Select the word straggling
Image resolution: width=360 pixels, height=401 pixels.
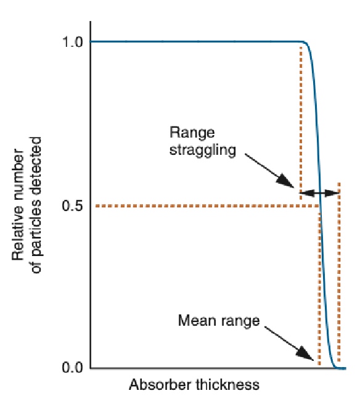[x=203, y=150]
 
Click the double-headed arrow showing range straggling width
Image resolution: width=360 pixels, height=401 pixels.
[x=320, y=193]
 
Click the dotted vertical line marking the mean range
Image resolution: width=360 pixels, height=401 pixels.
[x=319, y=290]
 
